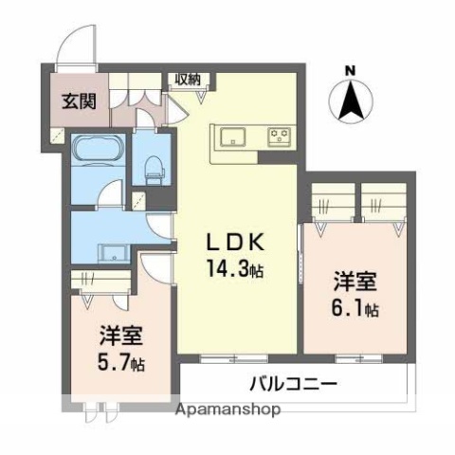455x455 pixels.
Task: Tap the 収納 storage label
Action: click(186, 79)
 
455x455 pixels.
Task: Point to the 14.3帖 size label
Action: click(235, 269)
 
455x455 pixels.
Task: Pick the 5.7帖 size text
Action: click(121, 363)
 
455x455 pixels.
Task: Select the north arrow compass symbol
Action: click(350, 100)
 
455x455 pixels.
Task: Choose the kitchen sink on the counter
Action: click(234, 136)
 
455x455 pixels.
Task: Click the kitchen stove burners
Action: click(280, 136)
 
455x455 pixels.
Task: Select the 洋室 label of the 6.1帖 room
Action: click(355, 282)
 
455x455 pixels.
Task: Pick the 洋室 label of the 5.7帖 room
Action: click(119, 336)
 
